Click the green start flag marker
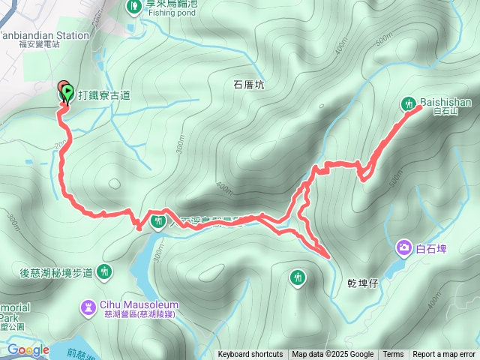(67, 93)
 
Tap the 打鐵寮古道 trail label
(103, 95)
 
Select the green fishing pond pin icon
(133, 7)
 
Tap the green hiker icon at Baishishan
(409, 103)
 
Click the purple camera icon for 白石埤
(403, 247)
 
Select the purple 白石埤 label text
(430, 247)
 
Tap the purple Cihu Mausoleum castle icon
(89, 307)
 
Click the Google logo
(28, 349)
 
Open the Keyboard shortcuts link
(250, 355)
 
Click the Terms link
(393, 355)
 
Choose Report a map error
(444, 355)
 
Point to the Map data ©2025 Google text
(332, 355)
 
